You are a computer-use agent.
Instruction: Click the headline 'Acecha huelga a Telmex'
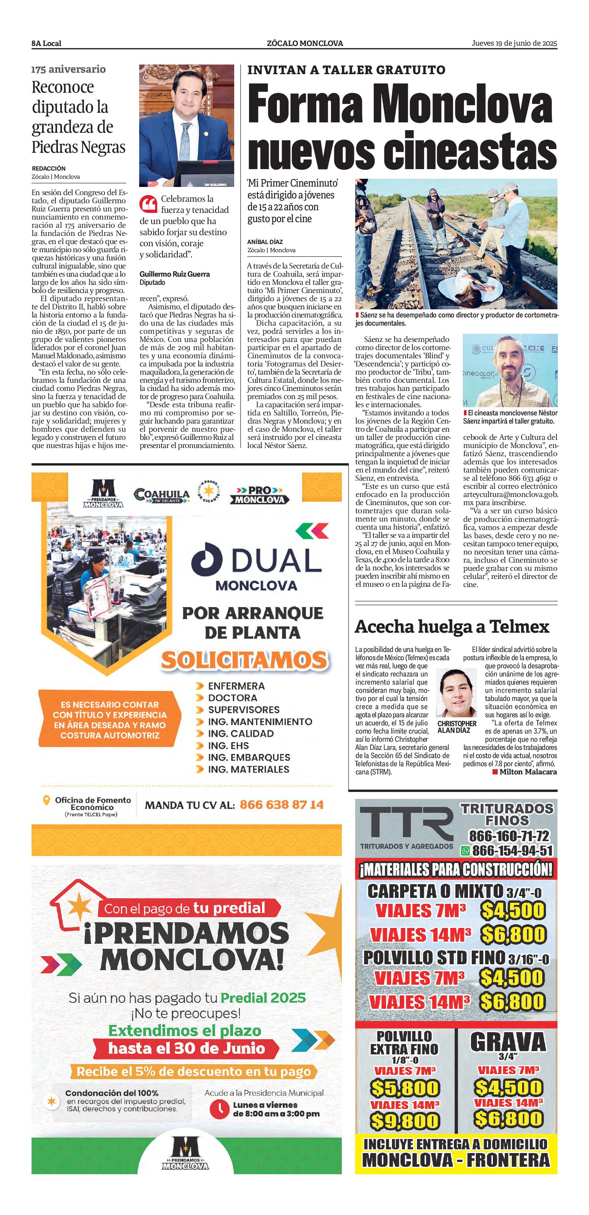(452, 627)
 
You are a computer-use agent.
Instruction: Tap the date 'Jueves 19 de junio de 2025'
(514, 43)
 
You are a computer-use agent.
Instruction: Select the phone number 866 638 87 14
(281, 805)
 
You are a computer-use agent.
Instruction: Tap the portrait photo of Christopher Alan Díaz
(456, 692)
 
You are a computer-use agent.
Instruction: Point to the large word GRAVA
(508, 1041)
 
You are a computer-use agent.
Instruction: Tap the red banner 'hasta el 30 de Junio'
(186, 1048)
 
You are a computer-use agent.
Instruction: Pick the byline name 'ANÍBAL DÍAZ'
(265, 242)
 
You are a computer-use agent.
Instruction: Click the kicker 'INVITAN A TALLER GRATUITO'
(346, 70)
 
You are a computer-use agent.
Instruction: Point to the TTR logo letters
(406, 823)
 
